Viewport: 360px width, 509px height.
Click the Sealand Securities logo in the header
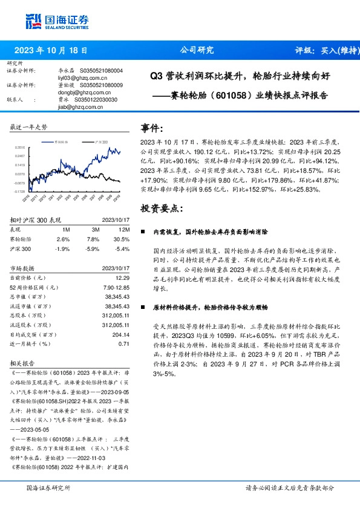pos(48,21)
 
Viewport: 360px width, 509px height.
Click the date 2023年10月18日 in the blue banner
pos(50,51)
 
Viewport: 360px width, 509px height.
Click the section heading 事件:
pos(152,128)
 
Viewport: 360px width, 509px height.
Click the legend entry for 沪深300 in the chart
pos(100,141)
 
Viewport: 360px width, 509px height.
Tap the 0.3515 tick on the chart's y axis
pos(19,147)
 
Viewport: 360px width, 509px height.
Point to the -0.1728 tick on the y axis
pos(19,191)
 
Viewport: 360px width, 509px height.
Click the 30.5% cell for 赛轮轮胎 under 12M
pos(122,239)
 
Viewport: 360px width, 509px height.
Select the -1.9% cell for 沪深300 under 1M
pos(62,248)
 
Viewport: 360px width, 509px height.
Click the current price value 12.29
pos(123,277)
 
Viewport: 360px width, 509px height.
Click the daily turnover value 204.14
pos(122,334)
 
